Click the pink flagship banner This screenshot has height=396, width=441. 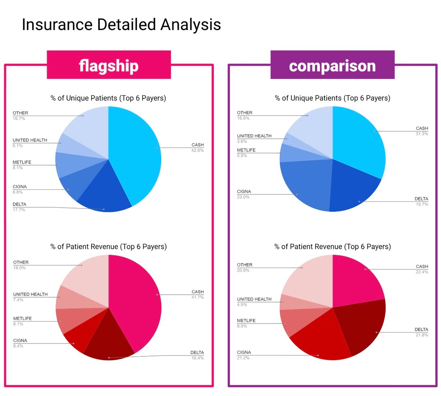(109, 65)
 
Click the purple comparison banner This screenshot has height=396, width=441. (332, 65)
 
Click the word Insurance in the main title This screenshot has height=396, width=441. (57, 25)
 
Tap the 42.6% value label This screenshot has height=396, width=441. (197, 150)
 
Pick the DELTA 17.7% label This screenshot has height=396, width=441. (19, 207)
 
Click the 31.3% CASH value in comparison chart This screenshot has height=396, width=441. (422, 134)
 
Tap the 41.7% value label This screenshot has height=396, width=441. (197, 297)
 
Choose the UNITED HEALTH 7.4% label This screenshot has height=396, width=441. (30, 297)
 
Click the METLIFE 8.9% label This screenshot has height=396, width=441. (246, 323)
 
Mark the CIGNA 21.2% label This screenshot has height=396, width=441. (244, 355)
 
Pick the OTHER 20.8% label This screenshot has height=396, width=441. (245, 267)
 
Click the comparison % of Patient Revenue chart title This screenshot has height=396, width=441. (332, 247)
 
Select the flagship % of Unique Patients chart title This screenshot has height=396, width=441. (108, 98)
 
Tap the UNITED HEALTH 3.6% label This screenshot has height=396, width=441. (254, 138)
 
